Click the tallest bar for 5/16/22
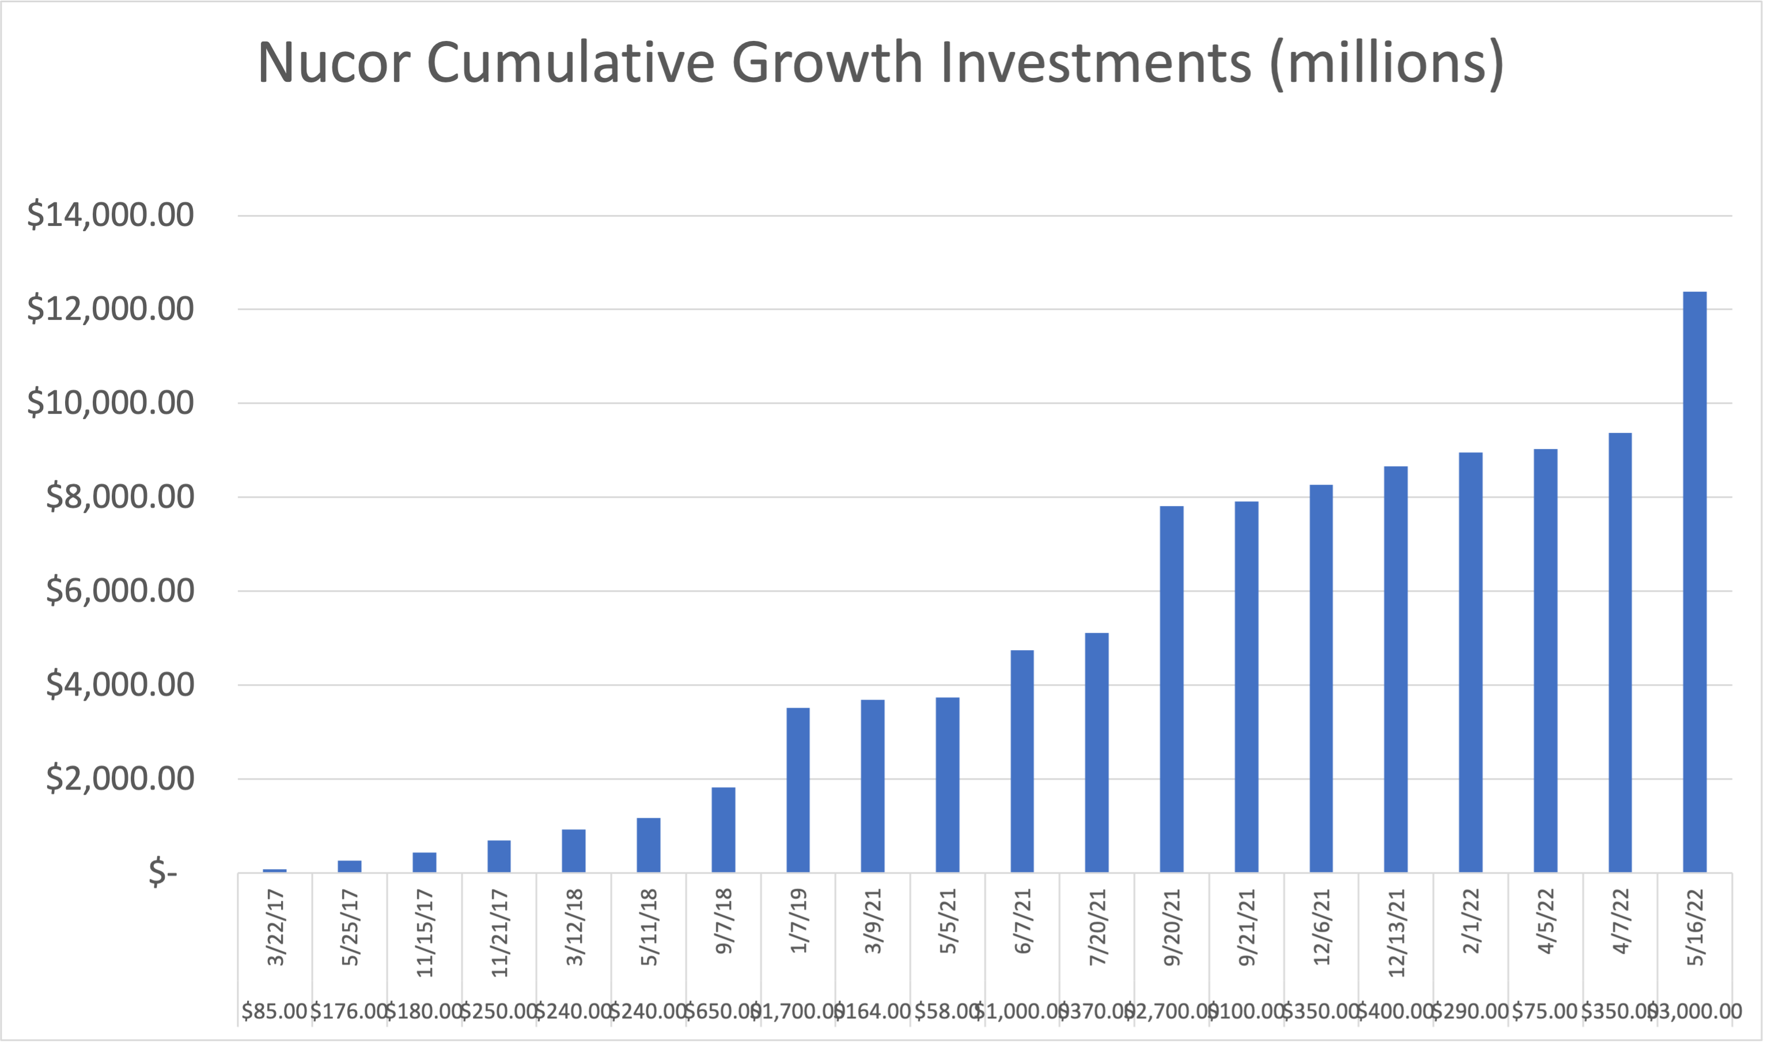1694,581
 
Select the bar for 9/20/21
1172,689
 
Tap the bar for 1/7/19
798,790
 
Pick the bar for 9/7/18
723,830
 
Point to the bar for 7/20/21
1097,752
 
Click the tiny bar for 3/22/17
275,870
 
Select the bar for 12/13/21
1396,669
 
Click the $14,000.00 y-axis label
110,214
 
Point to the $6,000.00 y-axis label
120,590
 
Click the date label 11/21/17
499,932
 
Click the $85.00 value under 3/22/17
274,1011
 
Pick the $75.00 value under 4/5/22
1544,1011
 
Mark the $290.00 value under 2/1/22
1469,1011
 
